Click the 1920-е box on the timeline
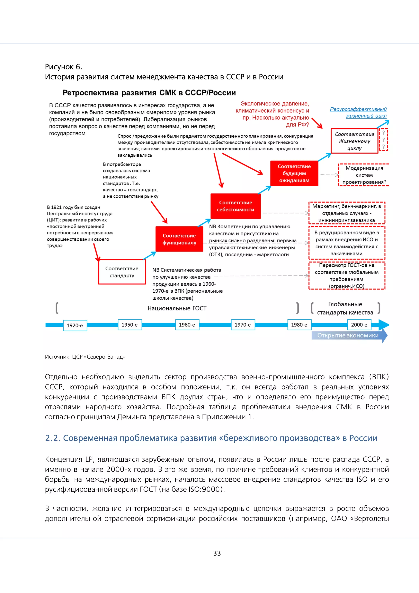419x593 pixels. (75, 325)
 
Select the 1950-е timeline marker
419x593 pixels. (130, 325)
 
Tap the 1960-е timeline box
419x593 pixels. (187, 325)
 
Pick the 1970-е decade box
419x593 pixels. (242, 325)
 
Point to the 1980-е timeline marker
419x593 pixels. (299, 325)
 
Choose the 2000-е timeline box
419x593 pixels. (359, 325)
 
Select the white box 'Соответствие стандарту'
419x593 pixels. (122, 272)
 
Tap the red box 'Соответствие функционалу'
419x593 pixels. (179, 239)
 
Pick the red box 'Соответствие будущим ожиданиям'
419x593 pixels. (294, 173)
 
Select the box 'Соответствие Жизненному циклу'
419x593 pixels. (354, 141)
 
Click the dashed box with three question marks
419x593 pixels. (383, 140)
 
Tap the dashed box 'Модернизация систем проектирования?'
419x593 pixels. (364, 175)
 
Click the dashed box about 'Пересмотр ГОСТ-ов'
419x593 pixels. (347, 276)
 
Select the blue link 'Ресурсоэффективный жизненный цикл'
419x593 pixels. (359, 112)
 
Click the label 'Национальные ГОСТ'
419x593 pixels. (177, 308)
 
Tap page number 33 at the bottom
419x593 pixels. (217, 553)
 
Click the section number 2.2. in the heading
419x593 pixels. (53, 438)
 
